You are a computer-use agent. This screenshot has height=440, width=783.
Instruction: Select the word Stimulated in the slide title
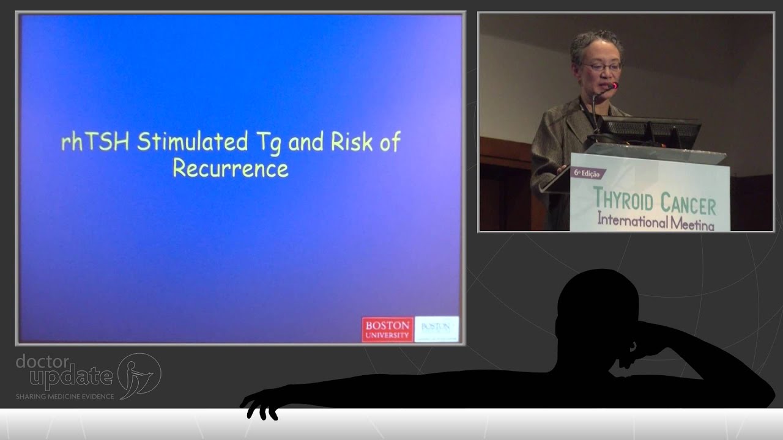click(192, 142)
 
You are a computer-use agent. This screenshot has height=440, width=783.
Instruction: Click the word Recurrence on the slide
click(230, 167)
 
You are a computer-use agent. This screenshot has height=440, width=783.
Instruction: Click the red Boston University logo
click(387, 329)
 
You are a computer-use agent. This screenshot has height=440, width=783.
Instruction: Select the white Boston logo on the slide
click(436, 329)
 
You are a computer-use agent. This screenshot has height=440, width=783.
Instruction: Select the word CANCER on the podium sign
click(690, 204)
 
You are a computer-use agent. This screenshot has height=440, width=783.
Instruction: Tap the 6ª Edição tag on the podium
click(588, 173)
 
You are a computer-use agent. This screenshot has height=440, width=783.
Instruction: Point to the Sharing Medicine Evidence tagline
click(65, 397)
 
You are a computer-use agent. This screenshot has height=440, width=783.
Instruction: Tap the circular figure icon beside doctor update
click(139, 376)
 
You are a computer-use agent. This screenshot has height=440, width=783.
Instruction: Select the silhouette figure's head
click(596, 306)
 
